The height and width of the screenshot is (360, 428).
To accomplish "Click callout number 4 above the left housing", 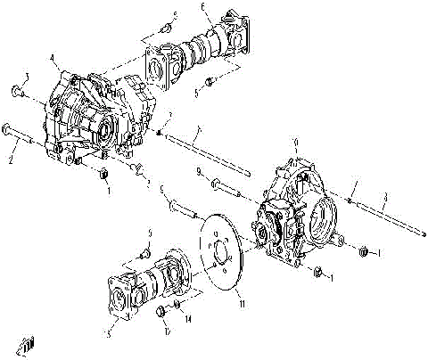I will coord(53,60).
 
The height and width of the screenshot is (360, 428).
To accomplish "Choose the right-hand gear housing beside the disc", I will coord(294,218).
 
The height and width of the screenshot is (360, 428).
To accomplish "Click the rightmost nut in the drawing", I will coord(364,253).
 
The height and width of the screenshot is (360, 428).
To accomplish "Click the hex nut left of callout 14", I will coord(160,311).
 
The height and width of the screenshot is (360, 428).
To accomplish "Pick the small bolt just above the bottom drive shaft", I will coord(144,250).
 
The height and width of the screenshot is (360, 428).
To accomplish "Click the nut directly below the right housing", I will coord(319,271).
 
